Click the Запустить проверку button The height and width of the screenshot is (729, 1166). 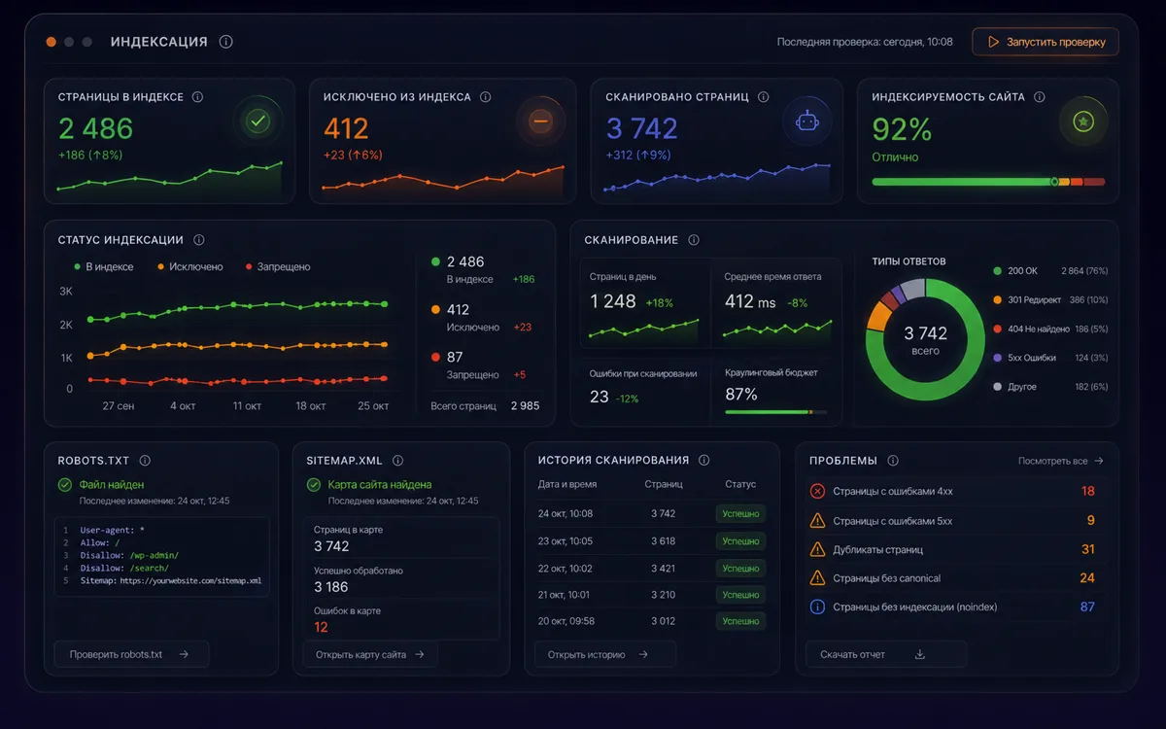[1046, 42]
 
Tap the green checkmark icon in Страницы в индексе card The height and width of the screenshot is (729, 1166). [257, 121]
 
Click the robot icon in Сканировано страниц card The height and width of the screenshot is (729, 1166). [806, 121]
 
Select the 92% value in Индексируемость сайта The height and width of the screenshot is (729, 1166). [902, 129]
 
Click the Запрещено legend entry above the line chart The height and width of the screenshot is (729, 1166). [278, 266]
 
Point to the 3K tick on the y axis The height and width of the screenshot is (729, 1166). [66, 291]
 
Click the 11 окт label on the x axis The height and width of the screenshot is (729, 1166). [247, 405]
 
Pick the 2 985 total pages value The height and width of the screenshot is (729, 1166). [525, 405]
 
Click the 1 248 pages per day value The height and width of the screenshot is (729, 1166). [613, 301]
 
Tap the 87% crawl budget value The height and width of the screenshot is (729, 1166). [741, 395]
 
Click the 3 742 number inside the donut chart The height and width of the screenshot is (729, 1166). [925, 333]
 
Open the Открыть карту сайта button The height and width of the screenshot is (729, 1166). [370, 654]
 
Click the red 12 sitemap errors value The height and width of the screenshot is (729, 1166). [321, 627]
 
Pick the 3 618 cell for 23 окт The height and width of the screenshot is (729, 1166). [663, 541]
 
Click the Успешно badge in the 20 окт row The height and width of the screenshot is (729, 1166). [740, 621]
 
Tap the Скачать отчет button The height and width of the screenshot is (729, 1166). [886, 654]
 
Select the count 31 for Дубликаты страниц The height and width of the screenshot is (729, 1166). [1087, 549]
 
